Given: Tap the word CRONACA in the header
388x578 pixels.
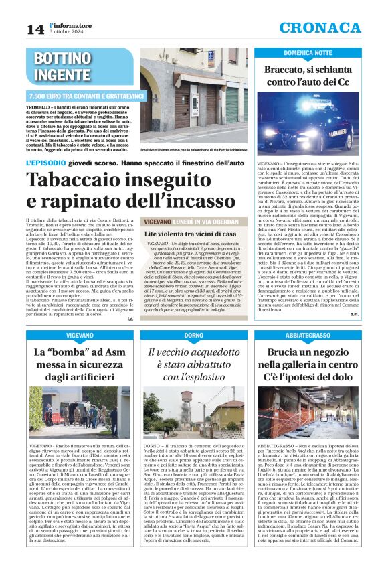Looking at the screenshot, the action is (330, 27).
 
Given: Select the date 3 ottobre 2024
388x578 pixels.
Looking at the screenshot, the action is (66, 32).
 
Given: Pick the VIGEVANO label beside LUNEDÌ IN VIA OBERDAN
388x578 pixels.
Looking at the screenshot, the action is (148, 220).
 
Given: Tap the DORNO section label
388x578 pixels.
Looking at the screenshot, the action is (194, 334).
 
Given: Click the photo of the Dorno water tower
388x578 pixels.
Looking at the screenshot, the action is (194, 411).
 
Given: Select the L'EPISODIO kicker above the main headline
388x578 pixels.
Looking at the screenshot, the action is (46, 163).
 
